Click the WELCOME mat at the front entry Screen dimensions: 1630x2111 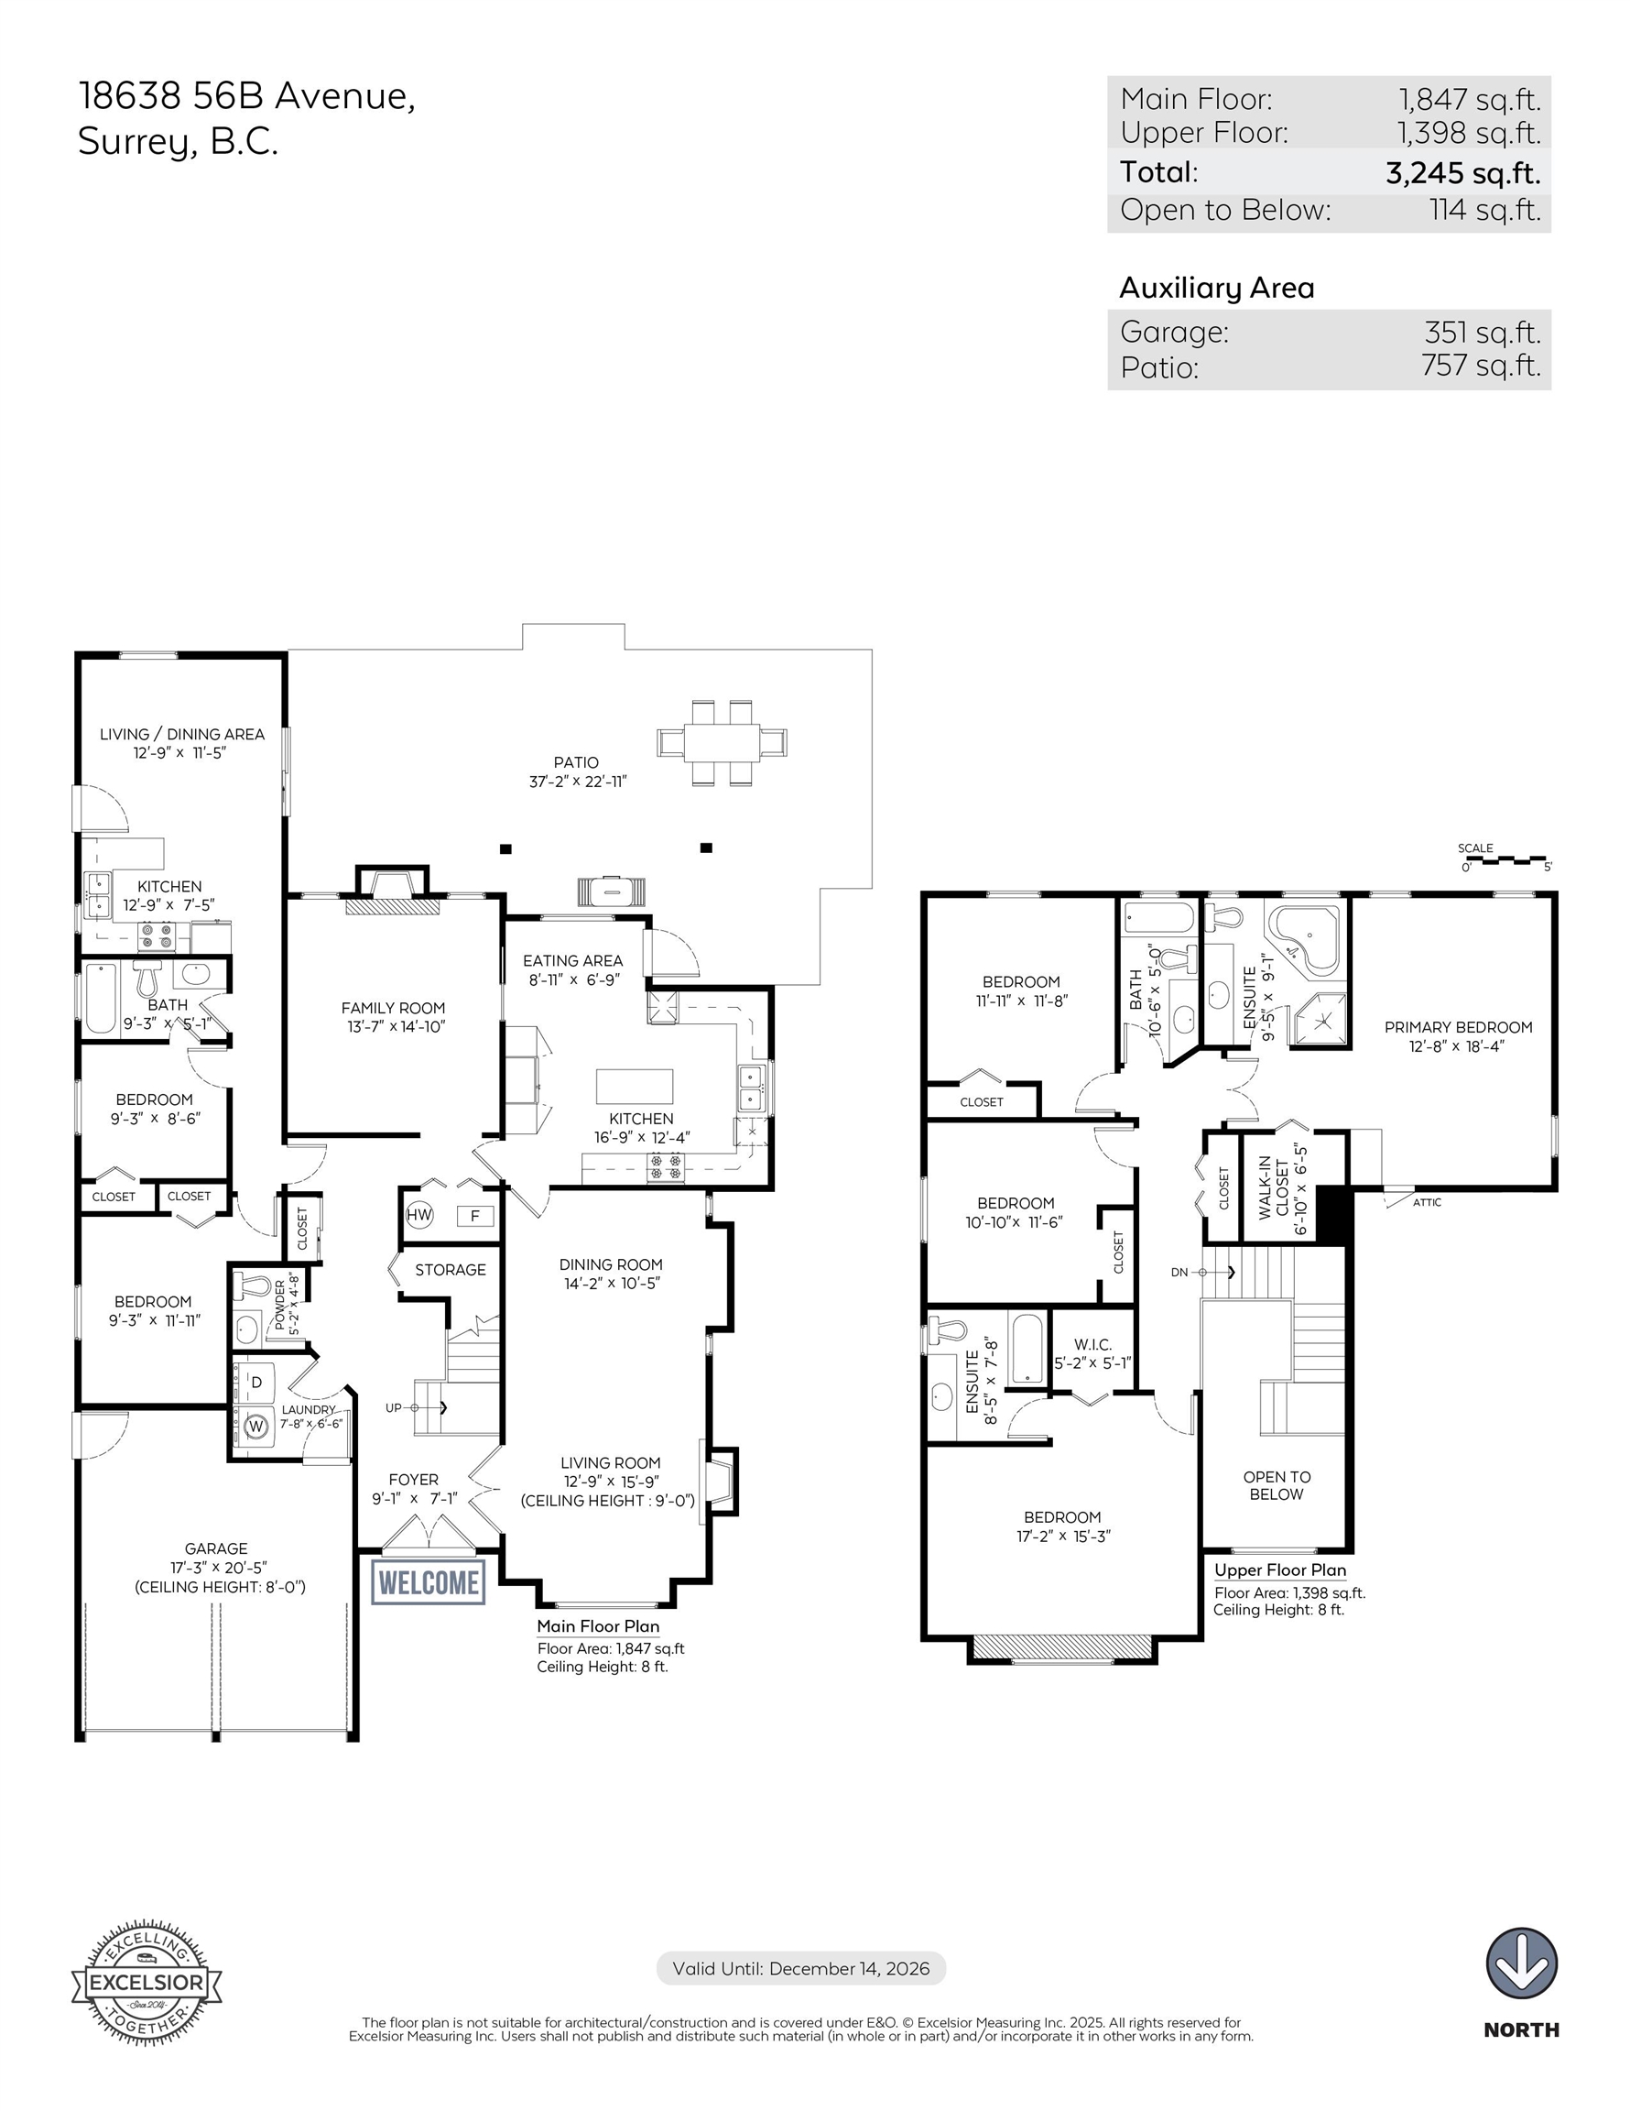428,1582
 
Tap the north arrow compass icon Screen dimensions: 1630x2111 1521,1963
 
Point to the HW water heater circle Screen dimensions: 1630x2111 419,1215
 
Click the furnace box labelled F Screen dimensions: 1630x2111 474,1216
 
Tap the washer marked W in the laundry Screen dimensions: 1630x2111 256,1426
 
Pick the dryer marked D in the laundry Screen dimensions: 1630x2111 256,1383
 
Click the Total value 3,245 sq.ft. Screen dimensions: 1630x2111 1462,173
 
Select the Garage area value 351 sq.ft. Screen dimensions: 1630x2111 1483,333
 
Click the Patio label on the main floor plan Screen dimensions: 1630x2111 577,762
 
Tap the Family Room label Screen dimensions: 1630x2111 393,1008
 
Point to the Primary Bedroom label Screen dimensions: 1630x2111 1458,1027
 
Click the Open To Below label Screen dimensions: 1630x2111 1277,1485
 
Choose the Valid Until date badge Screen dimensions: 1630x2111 801,1969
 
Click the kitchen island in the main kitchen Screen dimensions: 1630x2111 635,1087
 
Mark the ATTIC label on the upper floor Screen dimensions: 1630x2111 1427,1202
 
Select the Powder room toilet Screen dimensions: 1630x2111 255,1285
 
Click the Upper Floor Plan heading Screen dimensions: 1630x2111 1280,1570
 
